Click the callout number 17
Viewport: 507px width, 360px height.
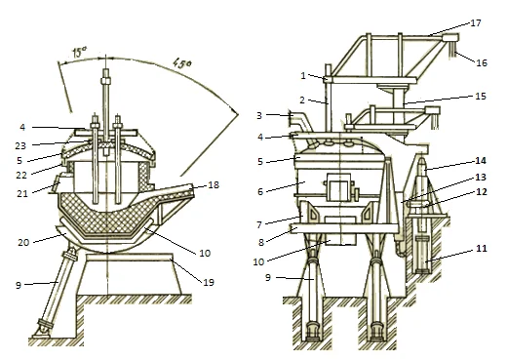click(x=476, y=23)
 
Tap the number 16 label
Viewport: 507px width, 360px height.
click(x=482, y=62)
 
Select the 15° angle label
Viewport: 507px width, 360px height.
click(x=79, y=52)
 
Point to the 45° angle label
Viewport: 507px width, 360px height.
click(x=182, y=62)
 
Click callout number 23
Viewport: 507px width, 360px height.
click(x=20, y=145)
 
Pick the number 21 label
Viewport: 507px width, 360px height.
click(x=22, y=194)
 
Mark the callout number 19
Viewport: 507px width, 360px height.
click(x=209, y=282)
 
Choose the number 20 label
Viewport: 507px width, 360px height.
click(x=23, y=242)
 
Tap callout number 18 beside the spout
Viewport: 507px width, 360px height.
click(x=214, y=184)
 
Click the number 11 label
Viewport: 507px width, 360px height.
click(x=482, y=249)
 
